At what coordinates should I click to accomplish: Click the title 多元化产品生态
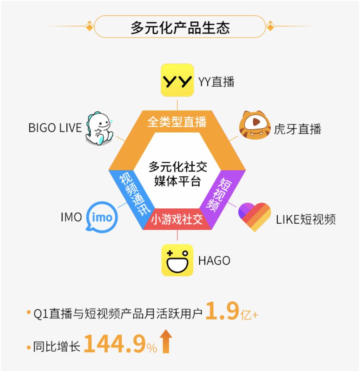pos(180,27)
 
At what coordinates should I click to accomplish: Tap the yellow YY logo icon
pos(177,80)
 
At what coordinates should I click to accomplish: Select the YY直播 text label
pos(216,82)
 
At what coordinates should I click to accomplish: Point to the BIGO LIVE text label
pos(55,128)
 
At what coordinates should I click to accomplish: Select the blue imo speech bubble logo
pos(101,217)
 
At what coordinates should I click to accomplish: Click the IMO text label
pos(71,217)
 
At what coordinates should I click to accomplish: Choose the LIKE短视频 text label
pos(306,220)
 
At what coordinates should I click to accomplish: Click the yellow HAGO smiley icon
pos(177,260)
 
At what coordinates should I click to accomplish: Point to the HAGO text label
pos(214,261)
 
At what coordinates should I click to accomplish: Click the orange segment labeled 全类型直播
pos(177,122)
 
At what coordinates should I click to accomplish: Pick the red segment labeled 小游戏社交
pos(177,220)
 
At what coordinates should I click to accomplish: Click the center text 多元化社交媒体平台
pos(177,174)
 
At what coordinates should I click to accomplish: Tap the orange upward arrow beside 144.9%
pos(167,343)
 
